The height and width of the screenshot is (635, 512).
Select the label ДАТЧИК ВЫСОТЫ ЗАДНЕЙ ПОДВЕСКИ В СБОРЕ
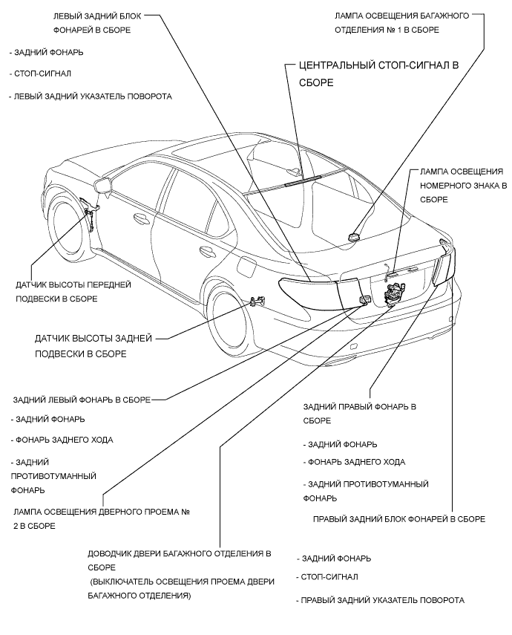[93, 346]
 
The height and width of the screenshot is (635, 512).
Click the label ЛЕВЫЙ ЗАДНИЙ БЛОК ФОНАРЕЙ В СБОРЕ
[96, 23]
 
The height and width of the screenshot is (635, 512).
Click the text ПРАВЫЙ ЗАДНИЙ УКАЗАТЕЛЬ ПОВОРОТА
[381, 599]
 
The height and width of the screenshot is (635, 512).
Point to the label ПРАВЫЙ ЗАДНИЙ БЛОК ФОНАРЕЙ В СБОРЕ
[399, 519]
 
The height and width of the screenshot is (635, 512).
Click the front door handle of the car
[139, 217]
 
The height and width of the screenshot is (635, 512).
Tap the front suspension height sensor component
[88, 210]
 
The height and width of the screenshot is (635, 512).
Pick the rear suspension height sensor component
[259, 302]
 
